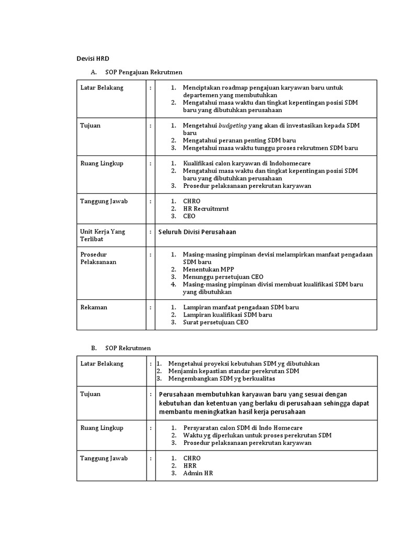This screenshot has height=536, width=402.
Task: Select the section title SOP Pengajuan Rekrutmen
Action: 143,72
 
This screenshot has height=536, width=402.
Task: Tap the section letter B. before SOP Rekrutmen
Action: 94,348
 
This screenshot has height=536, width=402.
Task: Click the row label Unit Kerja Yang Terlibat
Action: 102,235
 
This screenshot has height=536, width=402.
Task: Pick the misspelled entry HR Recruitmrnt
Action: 206,208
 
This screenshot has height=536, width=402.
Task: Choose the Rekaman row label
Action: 93,307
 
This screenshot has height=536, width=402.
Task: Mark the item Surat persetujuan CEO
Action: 216,322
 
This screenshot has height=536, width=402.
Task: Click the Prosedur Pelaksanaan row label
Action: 98,258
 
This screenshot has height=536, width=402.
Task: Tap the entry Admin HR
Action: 198,473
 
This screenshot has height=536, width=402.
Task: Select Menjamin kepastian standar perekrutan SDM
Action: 233,371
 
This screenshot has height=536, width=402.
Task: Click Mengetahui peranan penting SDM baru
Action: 239,140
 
